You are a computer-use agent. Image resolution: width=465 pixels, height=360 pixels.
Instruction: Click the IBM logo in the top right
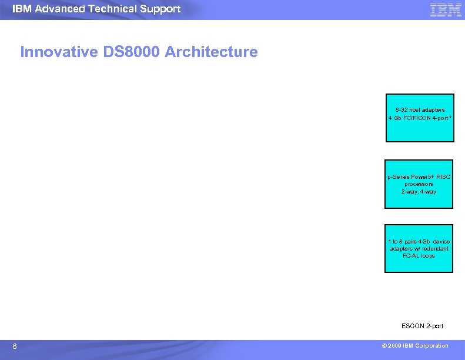445,9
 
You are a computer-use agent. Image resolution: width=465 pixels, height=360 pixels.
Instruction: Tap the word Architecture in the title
211,52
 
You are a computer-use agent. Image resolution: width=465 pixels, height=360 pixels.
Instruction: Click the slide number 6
15,346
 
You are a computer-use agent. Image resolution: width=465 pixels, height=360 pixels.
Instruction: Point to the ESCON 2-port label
422,326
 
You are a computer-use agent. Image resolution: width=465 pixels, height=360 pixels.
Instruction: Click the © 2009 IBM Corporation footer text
414,346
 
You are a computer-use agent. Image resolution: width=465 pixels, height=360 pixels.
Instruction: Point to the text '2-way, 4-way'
419,192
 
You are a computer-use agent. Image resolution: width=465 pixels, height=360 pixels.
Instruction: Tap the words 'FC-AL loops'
419,256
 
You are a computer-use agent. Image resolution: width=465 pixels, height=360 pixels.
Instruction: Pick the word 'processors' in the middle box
419,184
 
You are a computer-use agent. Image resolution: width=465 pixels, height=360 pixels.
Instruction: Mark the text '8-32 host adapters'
420,110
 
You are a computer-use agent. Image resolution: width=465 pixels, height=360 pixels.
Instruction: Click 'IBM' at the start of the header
22,9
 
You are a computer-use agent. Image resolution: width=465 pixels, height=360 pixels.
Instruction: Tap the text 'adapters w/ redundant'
419,249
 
